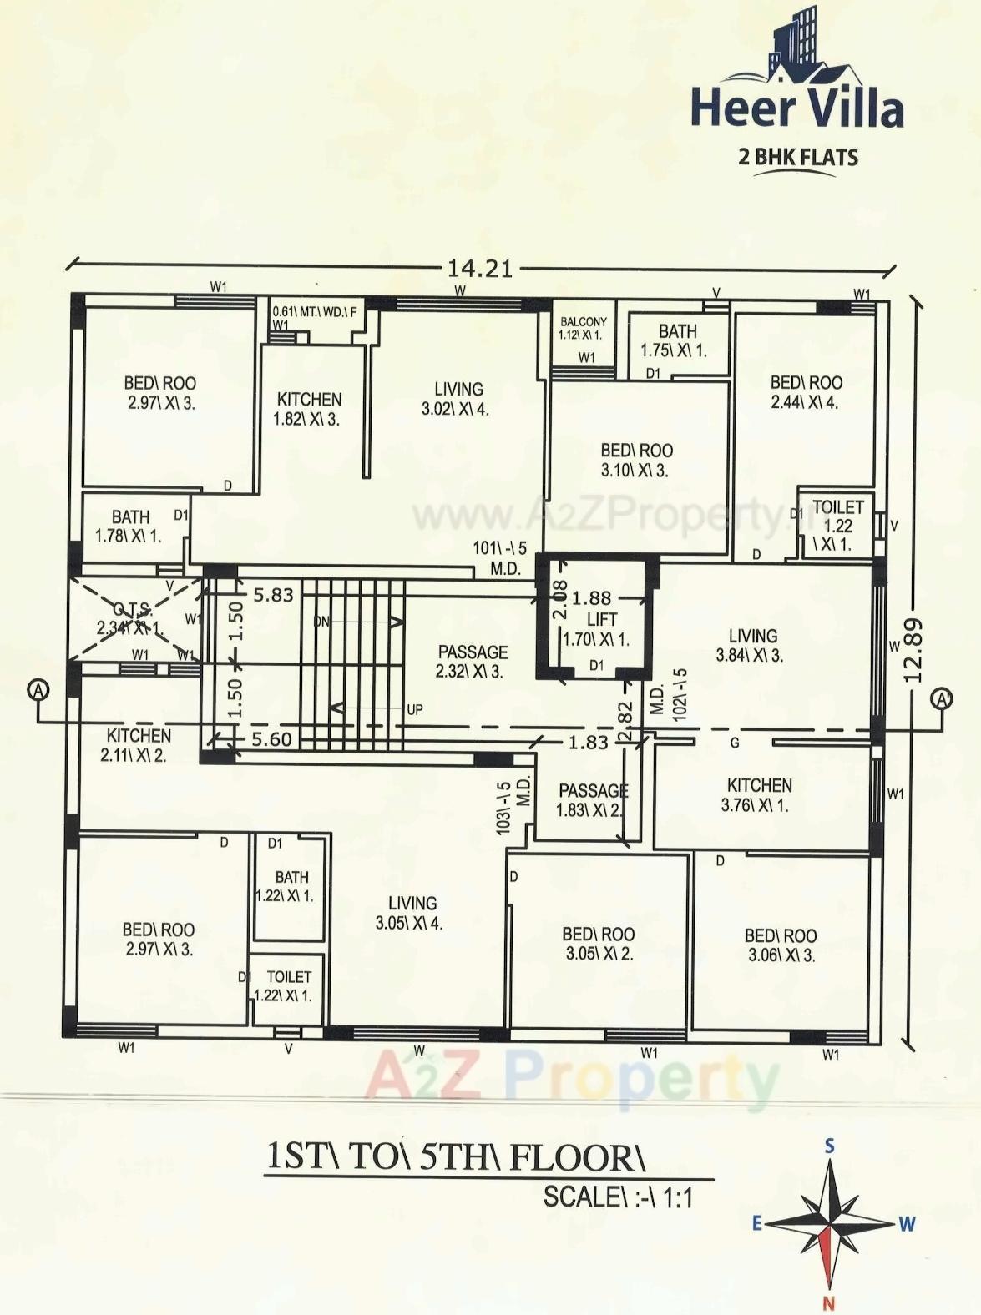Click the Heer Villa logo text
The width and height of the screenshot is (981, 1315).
point(796,109)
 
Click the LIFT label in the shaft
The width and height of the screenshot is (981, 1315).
point(601,619)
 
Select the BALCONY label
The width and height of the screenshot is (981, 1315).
point(583,322)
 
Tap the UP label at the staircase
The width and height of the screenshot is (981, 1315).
point(414,710)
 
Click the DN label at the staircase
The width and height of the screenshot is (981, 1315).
point(321,622)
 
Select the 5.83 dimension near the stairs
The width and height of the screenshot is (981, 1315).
point(274,595)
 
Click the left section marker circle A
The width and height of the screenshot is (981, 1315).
point(38,690)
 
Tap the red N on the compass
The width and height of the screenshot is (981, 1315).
point(828,1303)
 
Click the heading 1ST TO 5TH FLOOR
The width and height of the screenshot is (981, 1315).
point(456,1158)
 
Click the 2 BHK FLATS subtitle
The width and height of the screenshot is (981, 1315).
point(797,156)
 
